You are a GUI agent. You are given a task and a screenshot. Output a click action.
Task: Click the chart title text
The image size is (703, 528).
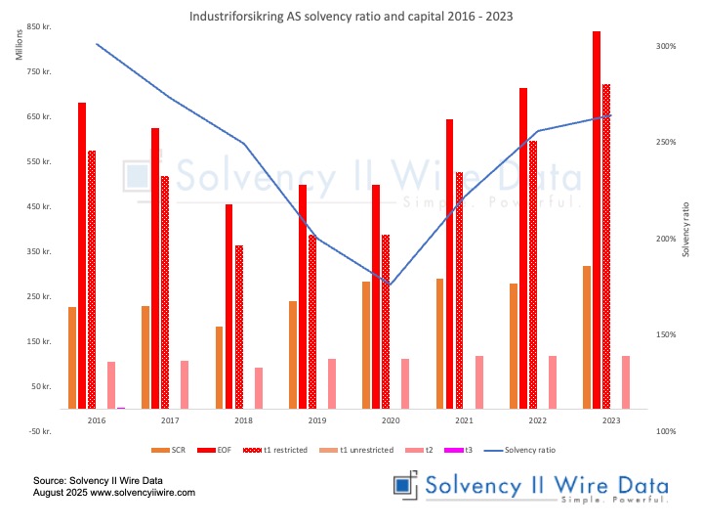352,17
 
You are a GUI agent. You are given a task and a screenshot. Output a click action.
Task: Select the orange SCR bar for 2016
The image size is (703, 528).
72,358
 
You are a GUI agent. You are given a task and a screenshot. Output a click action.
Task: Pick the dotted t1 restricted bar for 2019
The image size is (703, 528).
312,322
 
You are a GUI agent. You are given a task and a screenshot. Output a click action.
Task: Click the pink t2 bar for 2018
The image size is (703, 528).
259,388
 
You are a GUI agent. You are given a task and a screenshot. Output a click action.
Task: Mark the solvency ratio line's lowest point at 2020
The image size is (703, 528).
391,285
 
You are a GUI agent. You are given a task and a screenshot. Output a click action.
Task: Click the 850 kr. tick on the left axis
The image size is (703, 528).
39,27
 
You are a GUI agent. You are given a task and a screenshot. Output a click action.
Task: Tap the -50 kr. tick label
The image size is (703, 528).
39,431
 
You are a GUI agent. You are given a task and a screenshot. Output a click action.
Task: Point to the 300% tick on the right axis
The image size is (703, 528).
666,46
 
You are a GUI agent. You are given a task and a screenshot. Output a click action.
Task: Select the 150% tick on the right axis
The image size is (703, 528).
666,334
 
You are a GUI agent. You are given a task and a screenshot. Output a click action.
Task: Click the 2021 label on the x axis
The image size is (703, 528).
465,420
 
